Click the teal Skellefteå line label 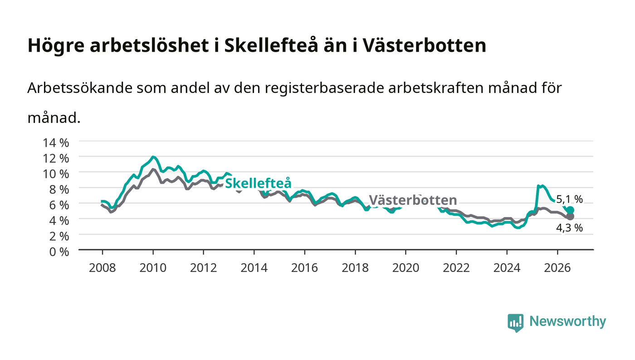point(258,184)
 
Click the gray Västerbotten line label point(413,200)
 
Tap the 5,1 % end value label point(569,199)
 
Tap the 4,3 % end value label point(569,228)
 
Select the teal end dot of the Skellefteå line point(571,210)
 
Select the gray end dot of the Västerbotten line point(571,217)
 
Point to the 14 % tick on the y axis point(56,142)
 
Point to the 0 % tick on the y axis point(59,252)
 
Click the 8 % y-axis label point(59,190)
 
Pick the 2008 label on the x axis point(103,268)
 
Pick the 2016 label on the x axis point(304,268)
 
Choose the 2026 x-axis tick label point(557,268)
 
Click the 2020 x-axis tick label point(405,268)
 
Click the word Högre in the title point(56,46)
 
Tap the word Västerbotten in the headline point(424,45)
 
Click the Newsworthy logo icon point(515,323)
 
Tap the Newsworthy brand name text point(567,321)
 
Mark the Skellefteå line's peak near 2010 point(153,157)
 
